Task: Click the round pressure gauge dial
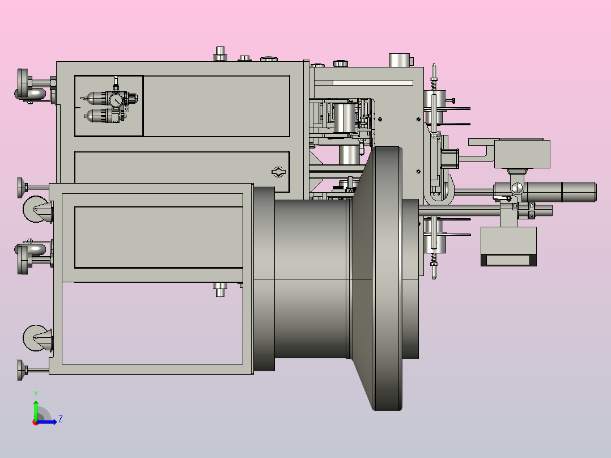[116, 100]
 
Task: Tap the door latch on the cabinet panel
[278, 172]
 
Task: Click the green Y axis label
[36, 394]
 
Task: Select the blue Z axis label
[61, 419]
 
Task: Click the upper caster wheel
[37, 209]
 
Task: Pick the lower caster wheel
[37, 338]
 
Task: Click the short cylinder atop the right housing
[400, 60]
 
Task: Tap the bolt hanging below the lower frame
[220, 290]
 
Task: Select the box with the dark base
[508, 247]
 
